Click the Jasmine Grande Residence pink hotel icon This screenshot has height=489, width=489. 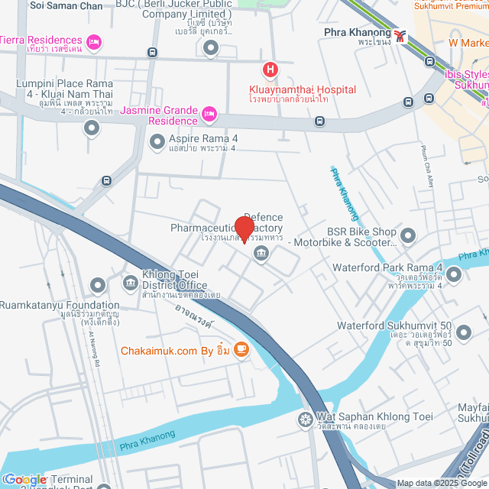(209, 115)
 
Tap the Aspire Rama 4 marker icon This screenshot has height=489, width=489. (157, 141)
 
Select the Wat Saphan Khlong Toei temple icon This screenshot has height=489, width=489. (305, 419)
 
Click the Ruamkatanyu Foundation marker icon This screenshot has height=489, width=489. (97, 286)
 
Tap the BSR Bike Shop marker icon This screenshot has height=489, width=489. (407, 235)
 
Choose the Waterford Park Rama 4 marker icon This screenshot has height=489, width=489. (454, 274)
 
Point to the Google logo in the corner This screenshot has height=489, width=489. (25, 479)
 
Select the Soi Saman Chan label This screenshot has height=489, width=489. (66, 5)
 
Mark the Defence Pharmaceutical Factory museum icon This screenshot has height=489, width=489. (261, 254)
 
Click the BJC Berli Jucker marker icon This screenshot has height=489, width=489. (212, 47)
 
